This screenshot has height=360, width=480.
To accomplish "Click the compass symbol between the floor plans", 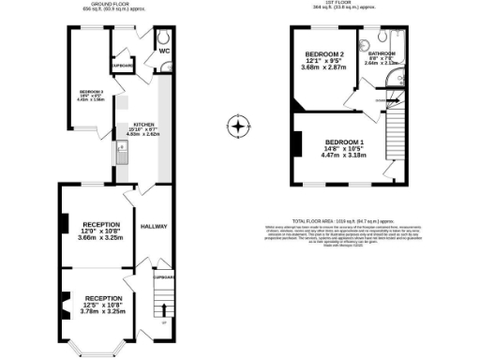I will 239,124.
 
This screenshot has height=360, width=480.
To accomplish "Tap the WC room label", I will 163,52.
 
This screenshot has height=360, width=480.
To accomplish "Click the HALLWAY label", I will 153,227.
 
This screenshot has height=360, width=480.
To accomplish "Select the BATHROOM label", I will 394,53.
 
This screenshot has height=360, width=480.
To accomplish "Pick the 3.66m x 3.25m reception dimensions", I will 100,239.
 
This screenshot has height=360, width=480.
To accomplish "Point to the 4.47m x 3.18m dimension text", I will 342,156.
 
